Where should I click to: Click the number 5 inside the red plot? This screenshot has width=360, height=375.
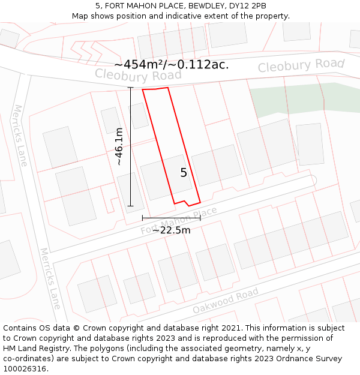pos(184,173)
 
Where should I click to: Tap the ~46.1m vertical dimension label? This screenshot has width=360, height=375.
pos(119,146)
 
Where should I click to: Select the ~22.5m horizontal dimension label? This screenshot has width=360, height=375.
pos(171,230)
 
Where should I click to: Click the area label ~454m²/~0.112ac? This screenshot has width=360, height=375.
pos(171,65)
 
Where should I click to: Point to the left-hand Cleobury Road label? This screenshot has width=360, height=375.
pos(138,75)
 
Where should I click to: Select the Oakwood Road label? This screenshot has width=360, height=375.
pos(225,301)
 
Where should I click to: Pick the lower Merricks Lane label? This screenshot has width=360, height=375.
pos(50,278)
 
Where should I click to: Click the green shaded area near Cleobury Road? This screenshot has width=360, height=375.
pos(300,99)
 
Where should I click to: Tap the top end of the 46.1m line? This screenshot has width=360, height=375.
pos(131,88)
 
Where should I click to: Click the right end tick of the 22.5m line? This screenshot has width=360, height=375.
pos(200,217)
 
